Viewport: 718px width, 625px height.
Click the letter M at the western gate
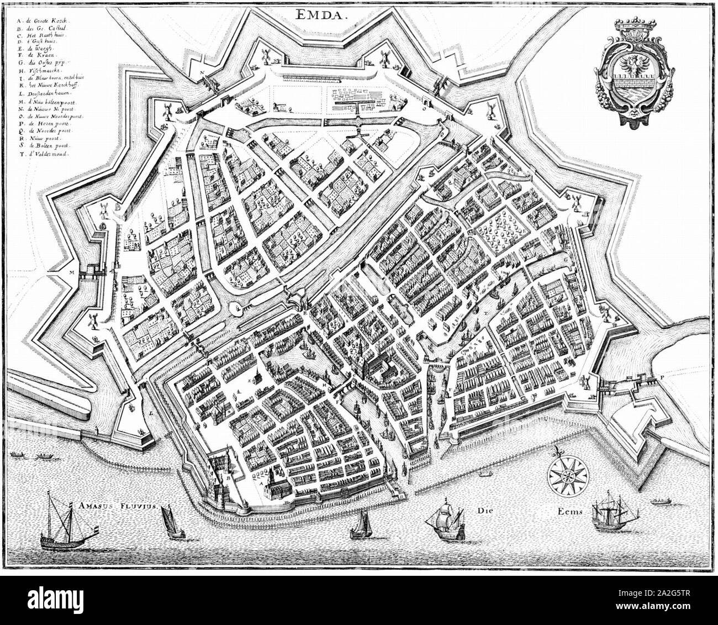pos(71,272)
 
